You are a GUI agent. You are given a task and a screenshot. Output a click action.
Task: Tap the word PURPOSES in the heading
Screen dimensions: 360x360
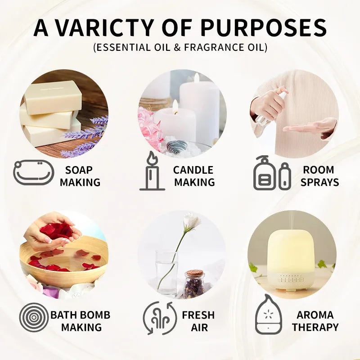(263, 28)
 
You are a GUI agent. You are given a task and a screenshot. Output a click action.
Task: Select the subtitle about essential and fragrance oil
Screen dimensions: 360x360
(180, 47)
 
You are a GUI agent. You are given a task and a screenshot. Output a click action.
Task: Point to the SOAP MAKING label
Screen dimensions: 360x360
(80, 176)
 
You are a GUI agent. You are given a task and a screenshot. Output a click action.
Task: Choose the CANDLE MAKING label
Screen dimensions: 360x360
(194, 176)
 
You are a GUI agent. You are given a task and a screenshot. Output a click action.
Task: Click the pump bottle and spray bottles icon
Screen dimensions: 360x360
(272, 173)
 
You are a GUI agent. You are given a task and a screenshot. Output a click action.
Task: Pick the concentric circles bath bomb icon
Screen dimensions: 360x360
(34, 317)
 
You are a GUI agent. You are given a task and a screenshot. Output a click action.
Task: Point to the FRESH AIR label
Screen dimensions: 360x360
(198, 320)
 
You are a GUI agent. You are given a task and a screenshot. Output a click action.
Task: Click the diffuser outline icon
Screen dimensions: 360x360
(269, 315)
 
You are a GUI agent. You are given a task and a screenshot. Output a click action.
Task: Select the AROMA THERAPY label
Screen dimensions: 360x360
(315, 320)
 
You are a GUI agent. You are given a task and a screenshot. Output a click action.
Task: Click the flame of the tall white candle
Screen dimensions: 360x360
(196, 77)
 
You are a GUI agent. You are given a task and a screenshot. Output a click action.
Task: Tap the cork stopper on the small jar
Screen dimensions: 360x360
(194, 274)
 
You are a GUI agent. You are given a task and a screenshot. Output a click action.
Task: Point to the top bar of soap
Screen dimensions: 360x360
(53, 96)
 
